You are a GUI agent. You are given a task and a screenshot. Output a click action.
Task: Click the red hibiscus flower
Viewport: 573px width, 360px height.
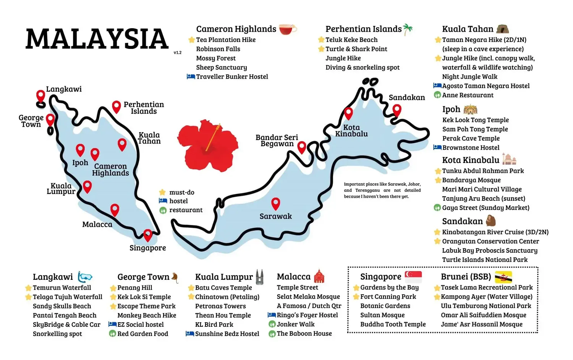tap(207, 145)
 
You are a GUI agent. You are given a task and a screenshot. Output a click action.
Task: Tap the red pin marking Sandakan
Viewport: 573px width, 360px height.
tap(397, 110)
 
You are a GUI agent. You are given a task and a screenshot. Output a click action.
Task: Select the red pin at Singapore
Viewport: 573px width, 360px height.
tap(147, 234)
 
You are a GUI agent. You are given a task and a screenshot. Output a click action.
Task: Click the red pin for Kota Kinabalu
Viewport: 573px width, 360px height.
tap(348, 113)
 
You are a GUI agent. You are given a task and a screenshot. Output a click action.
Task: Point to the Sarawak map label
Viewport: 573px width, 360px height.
tap(275, 216)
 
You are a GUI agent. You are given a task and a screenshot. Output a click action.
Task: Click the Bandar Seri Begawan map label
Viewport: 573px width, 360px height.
tap(277, 140)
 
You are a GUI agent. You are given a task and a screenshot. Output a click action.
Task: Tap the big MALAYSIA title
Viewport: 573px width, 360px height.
tap(97, 39)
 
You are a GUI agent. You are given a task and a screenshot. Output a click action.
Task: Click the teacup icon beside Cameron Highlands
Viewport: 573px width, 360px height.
tap(287, 29)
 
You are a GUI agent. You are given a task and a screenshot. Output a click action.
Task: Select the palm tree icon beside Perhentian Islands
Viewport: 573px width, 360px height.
tap(408, 29)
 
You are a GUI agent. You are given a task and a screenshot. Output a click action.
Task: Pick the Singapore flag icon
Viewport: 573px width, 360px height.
tap(413, 276)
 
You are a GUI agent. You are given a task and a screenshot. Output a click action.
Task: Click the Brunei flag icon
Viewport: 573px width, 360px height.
tap(503, 276)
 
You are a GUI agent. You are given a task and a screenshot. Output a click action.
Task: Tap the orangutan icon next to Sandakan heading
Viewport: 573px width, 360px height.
tap(490, 221)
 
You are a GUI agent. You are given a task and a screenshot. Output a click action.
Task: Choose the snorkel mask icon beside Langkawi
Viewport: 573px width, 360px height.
tap(85, 277)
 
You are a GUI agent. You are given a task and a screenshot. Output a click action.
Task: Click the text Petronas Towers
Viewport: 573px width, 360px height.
tap(220, 306)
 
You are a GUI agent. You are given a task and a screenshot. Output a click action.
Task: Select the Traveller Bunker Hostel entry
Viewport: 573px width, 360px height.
tap(232, 77)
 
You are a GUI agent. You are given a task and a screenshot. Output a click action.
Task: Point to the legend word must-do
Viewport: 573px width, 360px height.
tap(182, 192)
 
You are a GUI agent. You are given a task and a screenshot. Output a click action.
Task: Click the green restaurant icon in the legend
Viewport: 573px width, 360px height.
tap(163, 210)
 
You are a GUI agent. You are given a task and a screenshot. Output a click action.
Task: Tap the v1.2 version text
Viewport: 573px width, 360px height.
tap(177, 53)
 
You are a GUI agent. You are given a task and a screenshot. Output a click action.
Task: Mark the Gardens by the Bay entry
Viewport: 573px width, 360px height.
tap(389, 287)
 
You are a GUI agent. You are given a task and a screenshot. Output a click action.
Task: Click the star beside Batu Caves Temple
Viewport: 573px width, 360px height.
tap(191, 288)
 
